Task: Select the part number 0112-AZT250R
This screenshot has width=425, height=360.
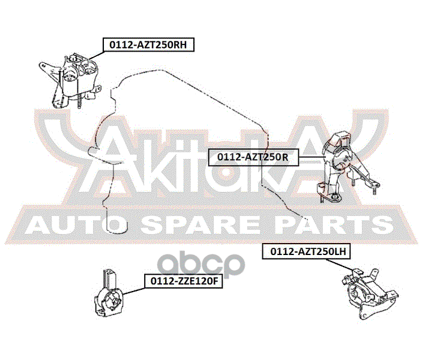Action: pos(253,157)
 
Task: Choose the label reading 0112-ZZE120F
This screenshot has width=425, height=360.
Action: pos(182,280)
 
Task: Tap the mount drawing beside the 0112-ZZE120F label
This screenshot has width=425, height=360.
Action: pos(110,296)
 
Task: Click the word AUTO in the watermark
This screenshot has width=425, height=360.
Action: pos(66,226)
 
